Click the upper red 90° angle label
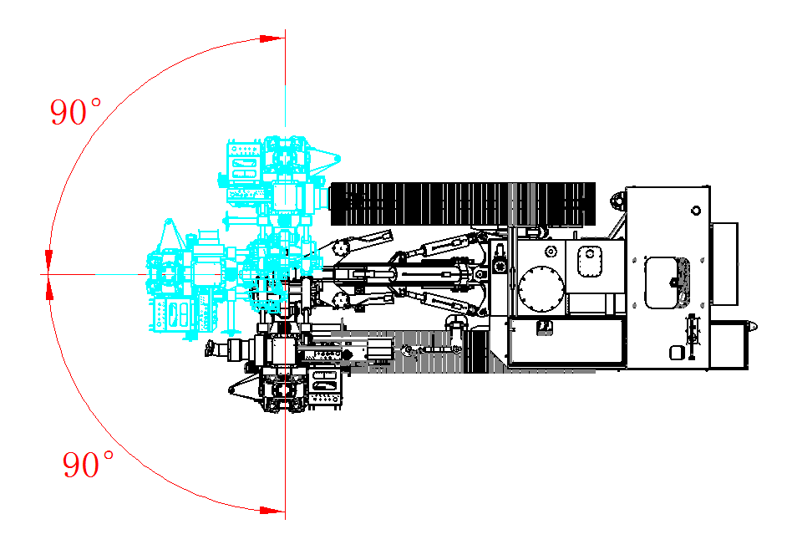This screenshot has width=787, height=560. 75,112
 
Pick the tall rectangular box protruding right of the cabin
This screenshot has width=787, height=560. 724,263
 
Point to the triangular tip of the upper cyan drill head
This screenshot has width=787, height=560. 333,157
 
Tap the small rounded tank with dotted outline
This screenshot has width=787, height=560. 589,258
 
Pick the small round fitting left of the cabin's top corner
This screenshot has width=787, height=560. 617,201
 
